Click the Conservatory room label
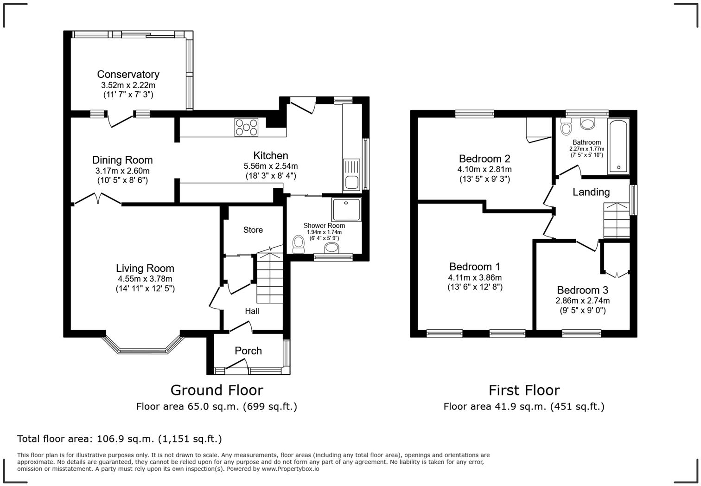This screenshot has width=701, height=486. [128, 75]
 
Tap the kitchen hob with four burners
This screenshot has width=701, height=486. [246, 128]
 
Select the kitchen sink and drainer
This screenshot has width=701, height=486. [351, 174]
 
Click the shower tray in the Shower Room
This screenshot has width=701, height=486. [346, 209]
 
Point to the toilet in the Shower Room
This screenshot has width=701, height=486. [298, 244]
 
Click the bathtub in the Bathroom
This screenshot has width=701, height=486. [618, 146]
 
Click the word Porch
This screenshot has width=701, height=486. [248, 351]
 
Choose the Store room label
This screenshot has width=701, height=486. [253, 230]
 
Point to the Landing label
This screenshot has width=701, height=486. [591, 192]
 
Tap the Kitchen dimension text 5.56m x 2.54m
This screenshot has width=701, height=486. [271, 166]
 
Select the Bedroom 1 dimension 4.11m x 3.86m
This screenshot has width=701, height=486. [475, 278]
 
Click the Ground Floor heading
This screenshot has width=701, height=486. [217, 390]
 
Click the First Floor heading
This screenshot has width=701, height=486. [524, 390]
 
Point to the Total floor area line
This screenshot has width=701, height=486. [120, 439]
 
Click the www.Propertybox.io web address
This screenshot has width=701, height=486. [290, 469]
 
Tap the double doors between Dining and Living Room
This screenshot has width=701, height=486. [98, 199]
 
